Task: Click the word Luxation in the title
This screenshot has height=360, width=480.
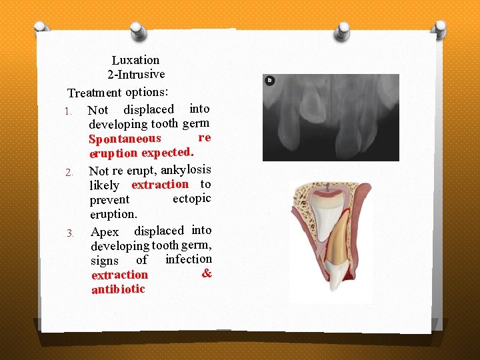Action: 135,60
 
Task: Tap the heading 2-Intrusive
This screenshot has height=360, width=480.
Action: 136,73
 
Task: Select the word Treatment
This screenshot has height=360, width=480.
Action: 95,93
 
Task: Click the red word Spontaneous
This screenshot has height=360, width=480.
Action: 125,139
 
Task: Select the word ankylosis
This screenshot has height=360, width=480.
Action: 186,169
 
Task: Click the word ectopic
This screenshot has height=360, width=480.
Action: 191,199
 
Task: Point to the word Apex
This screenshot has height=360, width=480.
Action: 105,232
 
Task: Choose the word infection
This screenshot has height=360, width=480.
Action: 189,259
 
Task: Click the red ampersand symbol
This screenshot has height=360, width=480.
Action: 207,273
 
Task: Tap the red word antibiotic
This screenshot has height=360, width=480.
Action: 118,289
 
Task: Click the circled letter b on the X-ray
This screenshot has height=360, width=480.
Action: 270,81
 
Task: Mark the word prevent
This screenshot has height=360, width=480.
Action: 109,200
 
